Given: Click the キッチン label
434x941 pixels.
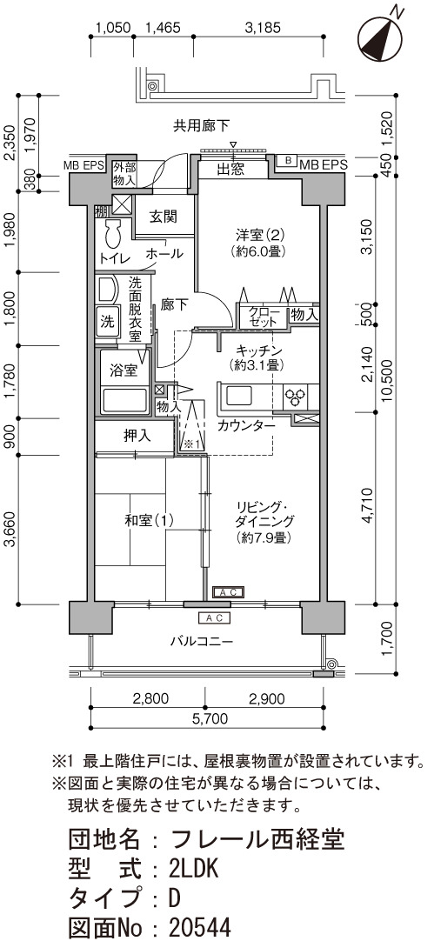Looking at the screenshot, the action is [256, 350].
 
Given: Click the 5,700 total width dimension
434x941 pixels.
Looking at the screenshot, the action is [208, 717].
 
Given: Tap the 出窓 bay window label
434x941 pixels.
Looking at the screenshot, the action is [230, 170].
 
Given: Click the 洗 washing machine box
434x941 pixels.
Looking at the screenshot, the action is [107, 321].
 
